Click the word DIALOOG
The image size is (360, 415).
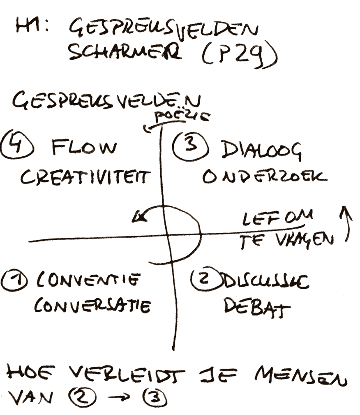[261, 151]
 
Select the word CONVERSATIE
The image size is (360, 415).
[92, 306]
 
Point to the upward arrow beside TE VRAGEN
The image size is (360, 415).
[345, 224]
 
